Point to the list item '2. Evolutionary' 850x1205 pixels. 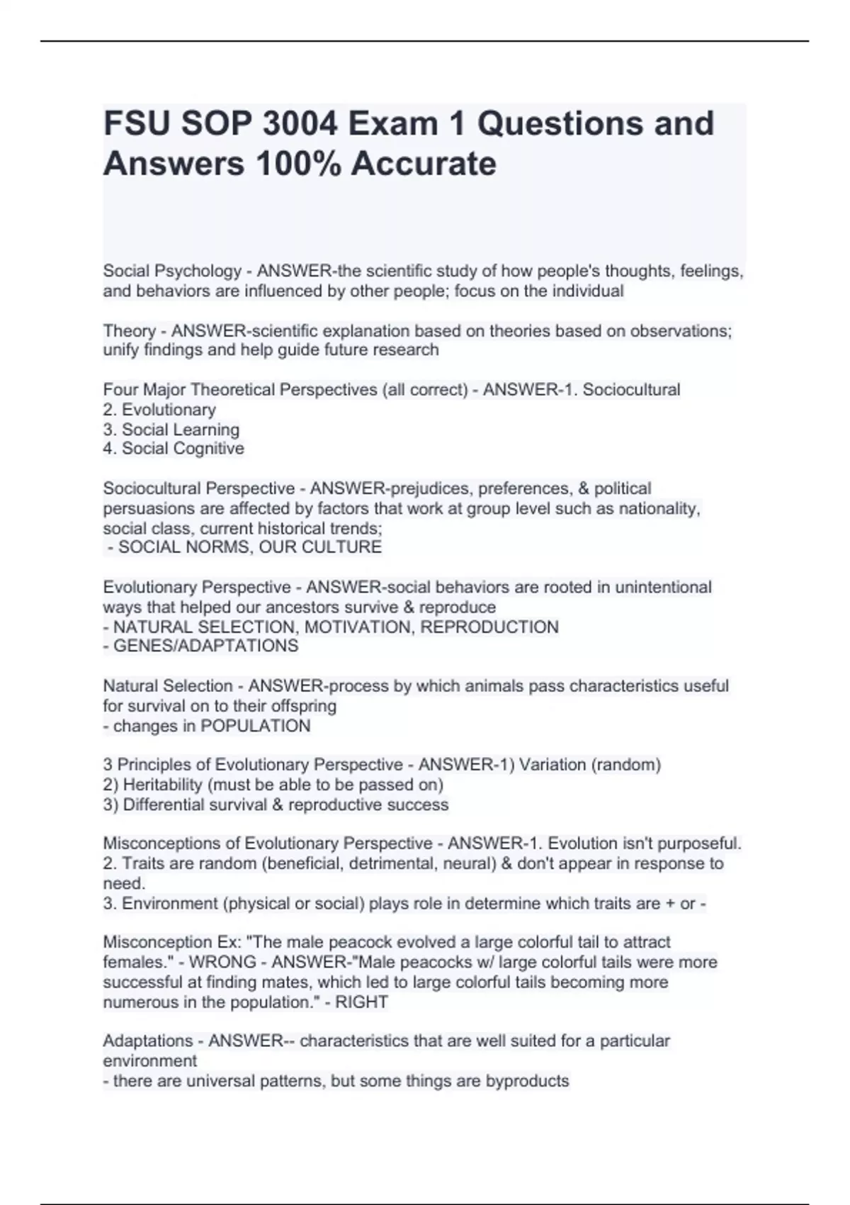coord(159,410)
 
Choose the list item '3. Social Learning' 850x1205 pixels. coord(171,430)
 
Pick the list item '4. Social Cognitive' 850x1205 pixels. coord(174,449)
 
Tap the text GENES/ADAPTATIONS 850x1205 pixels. coord(205,646)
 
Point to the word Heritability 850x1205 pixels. coord(163,785)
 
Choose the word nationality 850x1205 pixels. coord(659,508)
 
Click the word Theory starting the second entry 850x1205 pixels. coord(130,331)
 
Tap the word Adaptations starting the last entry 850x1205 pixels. coord(148,1041)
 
